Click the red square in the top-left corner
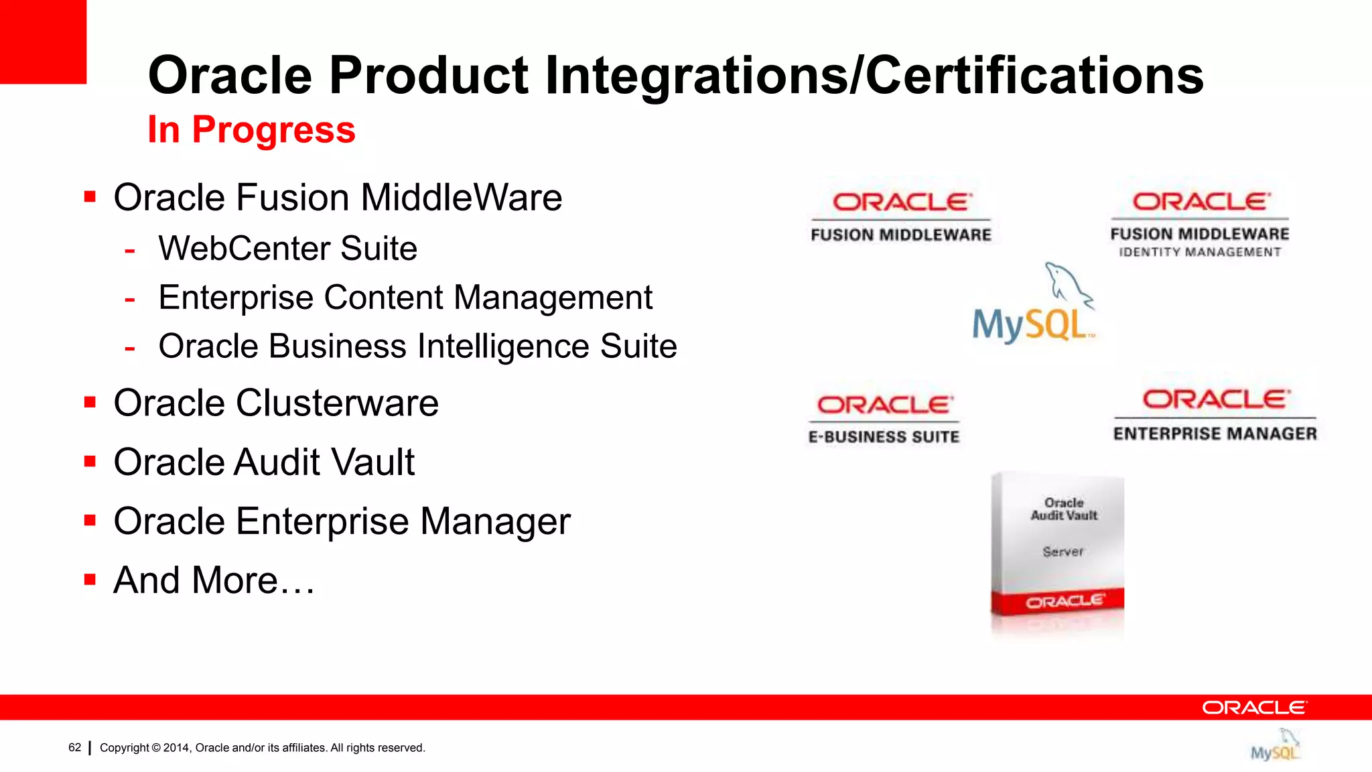tap(43, 42)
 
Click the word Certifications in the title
tap(1034, 75)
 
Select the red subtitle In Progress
tap(251, 129)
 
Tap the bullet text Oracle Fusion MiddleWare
tap(338, 198)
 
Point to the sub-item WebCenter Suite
tap(287, 249)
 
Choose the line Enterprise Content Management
tap(405, 298)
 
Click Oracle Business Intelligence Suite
tap(417, 346)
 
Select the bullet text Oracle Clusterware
tap(276, 403)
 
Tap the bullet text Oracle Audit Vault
tap(264, 462)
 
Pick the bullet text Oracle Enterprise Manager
tap(342, 521)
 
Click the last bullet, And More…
tap(214, 580)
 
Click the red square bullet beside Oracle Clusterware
tap(90, 402)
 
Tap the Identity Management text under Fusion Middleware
tap(1199, 253)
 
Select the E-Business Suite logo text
tap(884, 437)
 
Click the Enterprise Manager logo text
tap(1215, 434)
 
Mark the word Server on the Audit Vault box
tap(1062, 552)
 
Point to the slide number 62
tap(74, 748)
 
